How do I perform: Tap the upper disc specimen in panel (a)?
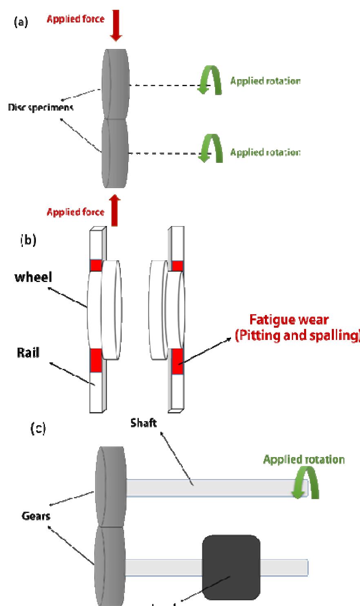point(116,83)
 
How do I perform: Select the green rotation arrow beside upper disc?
point(209,81)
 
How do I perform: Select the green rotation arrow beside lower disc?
point(209,150)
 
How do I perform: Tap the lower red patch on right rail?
point(178,362)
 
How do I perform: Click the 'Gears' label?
point(36,515)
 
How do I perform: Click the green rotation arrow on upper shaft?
point(305,484)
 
